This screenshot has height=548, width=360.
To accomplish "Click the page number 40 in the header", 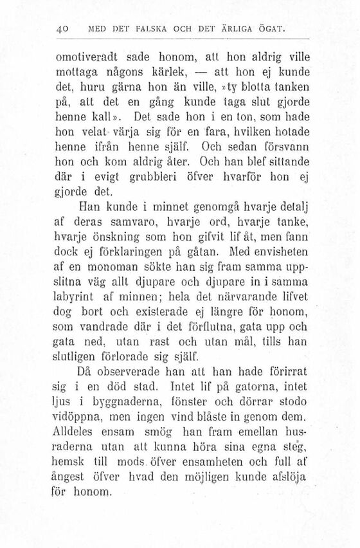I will tap(62, 29).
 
